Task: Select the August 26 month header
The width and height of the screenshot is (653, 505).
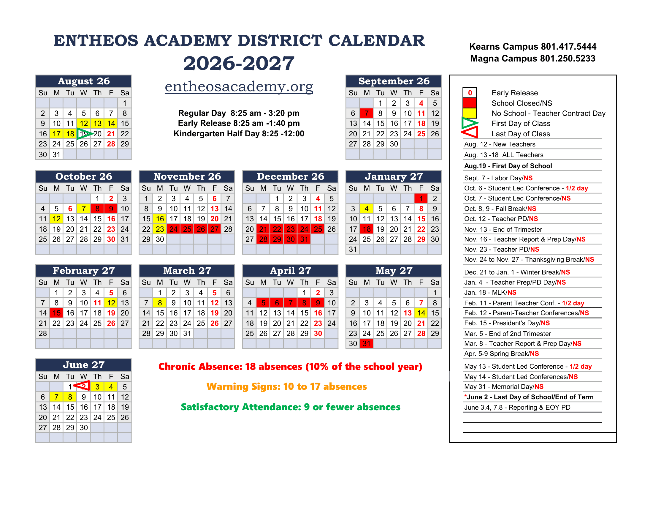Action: point(83,81)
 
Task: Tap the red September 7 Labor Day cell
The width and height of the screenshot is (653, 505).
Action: point(366,113)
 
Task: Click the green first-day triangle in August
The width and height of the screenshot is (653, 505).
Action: point(84,133)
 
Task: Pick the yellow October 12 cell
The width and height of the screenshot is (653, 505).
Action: point(56,219)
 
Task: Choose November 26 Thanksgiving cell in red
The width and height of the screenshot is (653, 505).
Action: point(201,229)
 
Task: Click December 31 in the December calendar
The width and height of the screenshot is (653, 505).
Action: point(304,239)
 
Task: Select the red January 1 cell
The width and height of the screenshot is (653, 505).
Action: point(421,198)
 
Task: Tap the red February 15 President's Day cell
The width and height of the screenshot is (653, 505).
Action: point(56,313)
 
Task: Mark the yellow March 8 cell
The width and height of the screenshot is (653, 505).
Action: point(160,303)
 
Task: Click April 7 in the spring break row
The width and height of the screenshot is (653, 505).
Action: point(290,303)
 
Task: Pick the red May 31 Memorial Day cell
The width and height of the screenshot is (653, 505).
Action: point(366,344)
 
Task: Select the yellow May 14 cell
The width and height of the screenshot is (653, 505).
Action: point(421,313)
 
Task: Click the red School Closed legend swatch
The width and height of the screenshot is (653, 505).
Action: point(470,103)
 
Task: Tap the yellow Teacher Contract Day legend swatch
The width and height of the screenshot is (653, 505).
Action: point(470,113)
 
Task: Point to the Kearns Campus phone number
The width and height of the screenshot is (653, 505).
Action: point(532,47)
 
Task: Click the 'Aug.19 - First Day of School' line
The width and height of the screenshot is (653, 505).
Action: point(508,166)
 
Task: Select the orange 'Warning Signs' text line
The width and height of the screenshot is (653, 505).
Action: point(286,386)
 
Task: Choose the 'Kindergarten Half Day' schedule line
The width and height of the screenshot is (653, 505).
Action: point(239,134)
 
